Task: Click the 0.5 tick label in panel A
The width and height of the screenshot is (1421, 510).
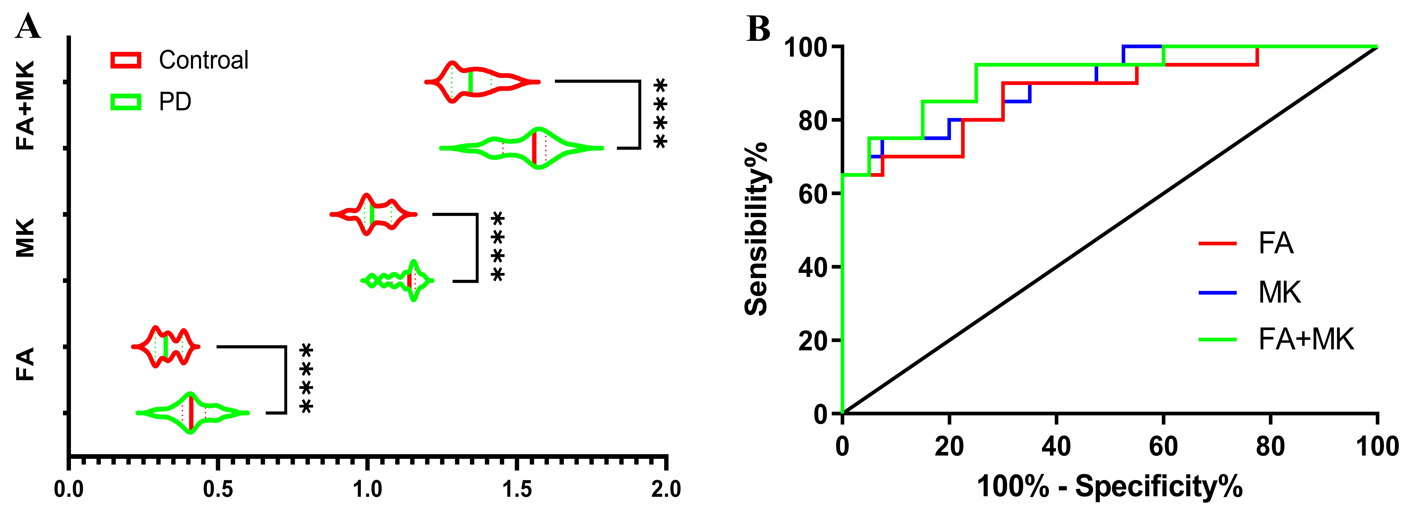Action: point(218,489)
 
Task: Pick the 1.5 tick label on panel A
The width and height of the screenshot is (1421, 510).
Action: point(517,489)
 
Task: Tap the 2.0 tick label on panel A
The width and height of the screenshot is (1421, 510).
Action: point(666,489)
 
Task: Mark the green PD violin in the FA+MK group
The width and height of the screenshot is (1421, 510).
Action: point(521,148)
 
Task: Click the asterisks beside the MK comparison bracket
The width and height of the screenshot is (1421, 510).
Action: point(498,247)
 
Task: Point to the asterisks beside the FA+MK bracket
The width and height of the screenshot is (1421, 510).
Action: point(660,114)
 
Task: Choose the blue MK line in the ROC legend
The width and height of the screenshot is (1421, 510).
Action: point(1218,292)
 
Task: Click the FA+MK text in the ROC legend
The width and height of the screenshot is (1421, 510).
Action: point(1306,339)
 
